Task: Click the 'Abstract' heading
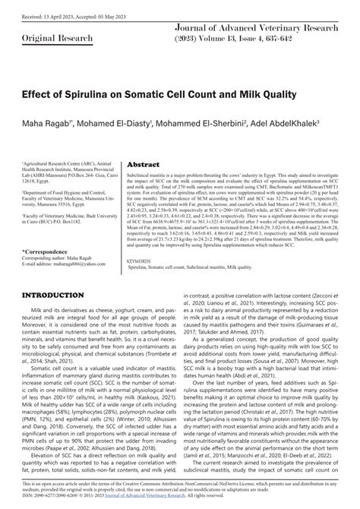143,163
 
